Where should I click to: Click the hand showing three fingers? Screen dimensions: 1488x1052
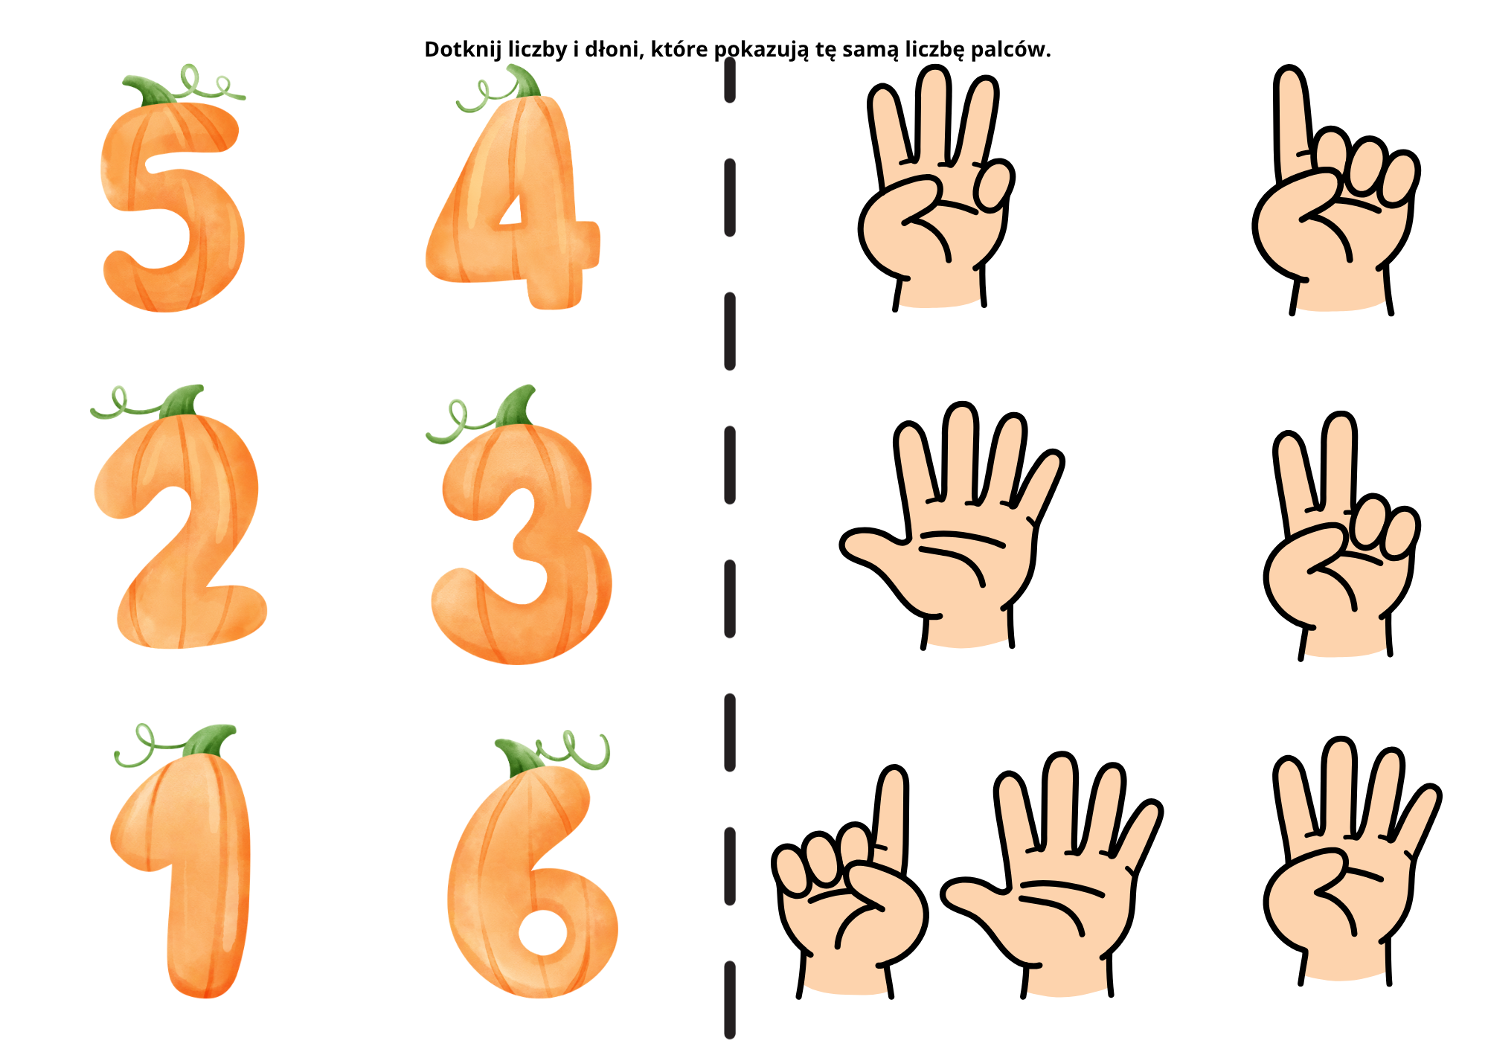pyautogui.click(x=936, y=186)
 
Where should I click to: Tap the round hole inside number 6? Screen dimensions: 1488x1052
pyautogui.click(x=544, y=932)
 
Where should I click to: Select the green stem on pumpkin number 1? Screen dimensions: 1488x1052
pyautogui.click(x=209, y=740)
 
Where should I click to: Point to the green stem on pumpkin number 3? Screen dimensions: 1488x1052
pyautogui.click(x=516, y=406)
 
